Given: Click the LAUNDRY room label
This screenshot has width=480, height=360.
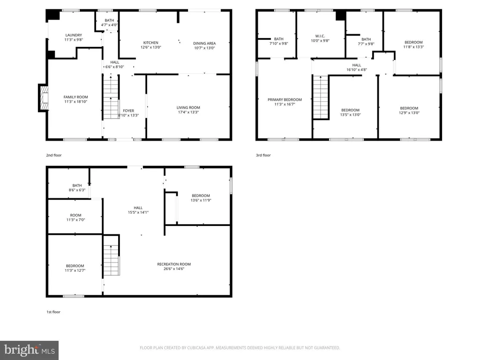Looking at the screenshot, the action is (x=74, y=35).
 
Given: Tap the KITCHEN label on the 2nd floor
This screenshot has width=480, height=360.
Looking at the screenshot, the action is (x=150, y=43).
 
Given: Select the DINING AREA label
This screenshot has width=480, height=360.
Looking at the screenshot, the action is (x=204, y=44).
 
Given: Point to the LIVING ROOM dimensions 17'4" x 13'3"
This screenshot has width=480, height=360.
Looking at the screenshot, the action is (x=188, y=112).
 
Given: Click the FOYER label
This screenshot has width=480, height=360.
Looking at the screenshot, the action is (x=128, y=111).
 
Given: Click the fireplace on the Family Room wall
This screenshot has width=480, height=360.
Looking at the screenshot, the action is (x=44, y=98).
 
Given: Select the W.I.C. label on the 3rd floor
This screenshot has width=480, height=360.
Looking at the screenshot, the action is (x=320, y=36).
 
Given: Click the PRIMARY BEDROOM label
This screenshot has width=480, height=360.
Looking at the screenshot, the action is (x=285, y=100).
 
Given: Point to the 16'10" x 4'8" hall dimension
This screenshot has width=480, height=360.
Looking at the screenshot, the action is (x=357, y=70).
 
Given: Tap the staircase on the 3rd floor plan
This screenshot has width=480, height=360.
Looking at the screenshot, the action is (x=321, y=97).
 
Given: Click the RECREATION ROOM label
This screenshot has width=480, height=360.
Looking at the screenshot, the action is (x=174, y=264).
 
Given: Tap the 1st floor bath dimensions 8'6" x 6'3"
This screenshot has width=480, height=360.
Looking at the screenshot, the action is (x=77, y=190).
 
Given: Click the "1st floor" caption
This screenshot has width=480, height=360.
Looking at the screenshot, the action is (x=53, y=312).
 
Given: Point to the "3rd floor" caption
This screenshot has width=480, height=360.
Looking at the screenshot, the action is (x=263, y=155).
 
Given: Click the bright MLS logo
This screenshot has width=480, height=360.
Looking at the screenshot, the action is (x=30, y=350).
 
